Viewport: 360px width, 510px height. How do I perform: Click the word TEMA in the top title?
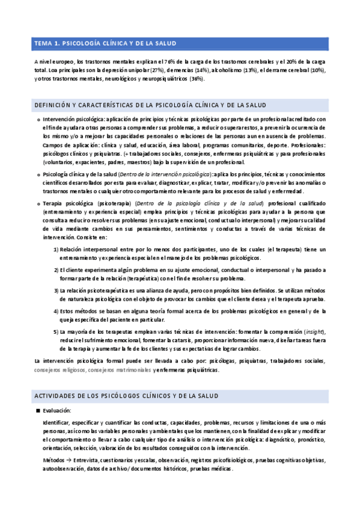click(43, 43)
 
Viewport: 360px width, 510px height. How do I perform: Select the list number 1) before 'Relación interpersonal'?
click(56, 248)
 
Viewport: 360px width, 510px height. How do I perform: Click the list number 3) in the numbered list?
click(56, 290)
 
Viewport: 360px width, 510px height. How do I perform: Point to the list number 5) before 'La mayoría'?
click(56, 331)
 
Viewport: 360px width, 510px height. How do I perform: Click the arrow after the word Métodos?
click(68, 460)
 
